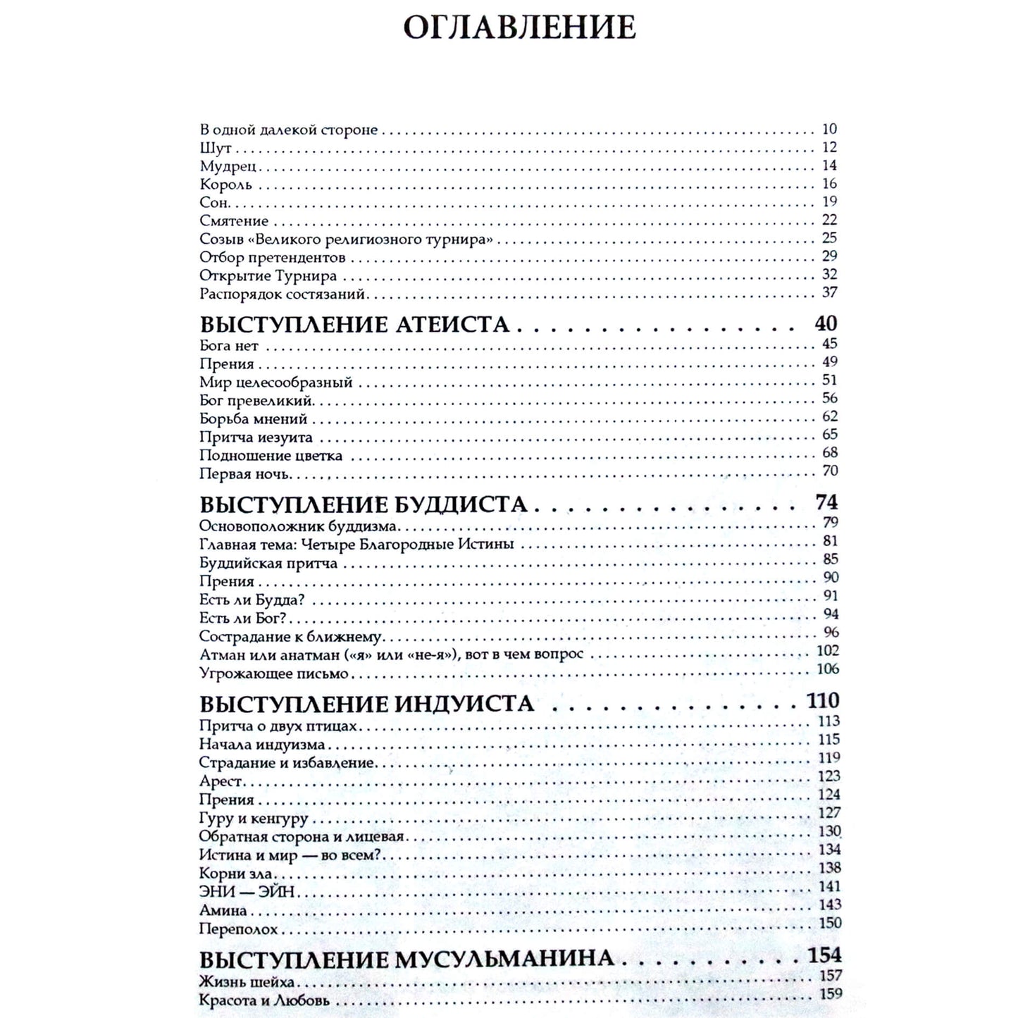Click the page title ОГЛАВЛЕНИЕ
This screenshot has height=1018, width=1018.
(x=520, y=27)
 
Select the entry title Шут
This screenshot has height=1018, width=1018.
(x=216, y=149)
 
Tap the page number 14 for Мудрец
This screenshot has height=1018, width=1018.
(x=829, y=166)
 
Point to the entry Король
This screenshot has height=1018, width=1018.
(x=225, y=185)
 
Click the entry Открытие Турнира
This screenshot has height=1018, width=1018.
(x=268, y=275)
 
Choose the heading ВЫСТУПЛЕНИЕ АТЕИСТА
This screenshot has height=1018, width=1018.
(x=354, y=325)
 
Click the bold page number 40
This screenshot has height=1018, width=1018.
(x=826, y=323)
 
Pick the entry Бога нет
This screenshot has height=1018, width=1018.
(x=229, y=346)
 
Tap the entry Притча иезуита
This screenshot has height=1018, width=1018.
(x=256, y=437)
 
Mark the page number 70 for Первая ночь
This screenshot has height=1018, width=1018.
(x=830, y=471)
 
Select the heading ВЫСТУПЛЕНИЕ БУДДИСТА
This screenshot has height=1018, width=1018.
(x=364, y=505)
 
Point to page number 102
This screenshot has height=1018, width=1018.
(x=828, y=651)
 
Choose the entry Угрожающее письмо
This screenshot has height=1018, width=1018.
(x=274, y=674)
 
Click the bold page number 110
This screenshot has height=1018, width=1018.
(x=824, y=701)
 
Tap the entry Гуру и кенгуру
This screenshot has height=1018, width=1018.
(x=254, y=819)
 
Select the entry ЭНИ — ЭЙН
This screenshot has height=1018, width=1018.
(x=246, y=892)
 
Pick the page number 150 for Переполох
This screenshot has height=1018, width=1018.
(x=829, y=923)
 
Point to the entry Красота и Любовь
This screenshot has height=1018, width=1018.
(x=264, y=1001)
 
